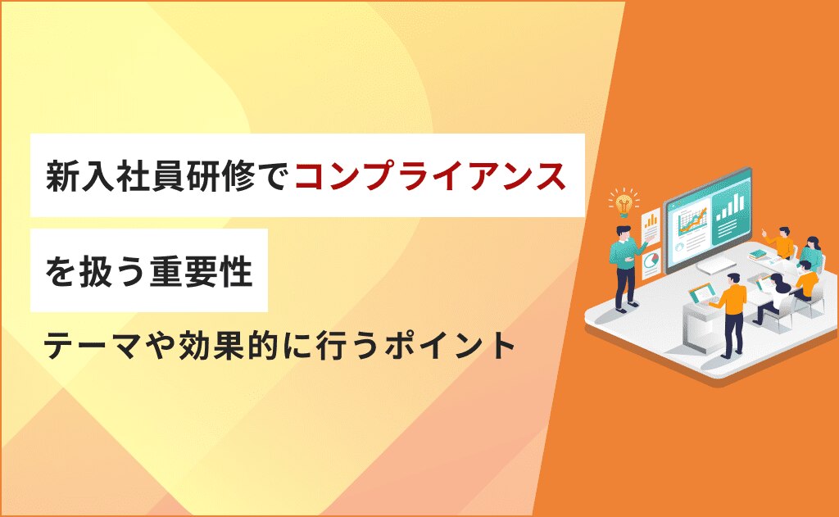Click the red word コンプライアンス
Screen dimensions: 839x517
pos(431,175)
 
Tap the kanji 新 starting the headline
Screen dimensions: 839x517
pos(62,175)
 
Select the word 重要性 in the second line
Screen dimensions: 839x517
pos(202,271)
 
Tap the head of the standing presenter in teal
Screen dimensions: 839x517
pos(623,234)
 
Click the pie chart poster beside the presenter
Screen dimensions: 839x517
pos(651,262)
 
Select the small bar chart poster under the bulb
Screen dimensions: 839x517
pos(651,224)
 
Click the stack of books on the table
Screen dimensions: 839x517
pos(758,255)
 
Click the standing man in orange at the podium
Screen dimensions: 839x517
pos(731,315)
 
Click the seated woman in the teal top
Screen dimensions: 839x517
pos(810,254)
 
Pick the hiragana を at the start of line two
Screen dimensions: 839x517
pos(59,272)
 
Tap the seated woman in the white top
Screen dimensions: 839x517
pos(772,298)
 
